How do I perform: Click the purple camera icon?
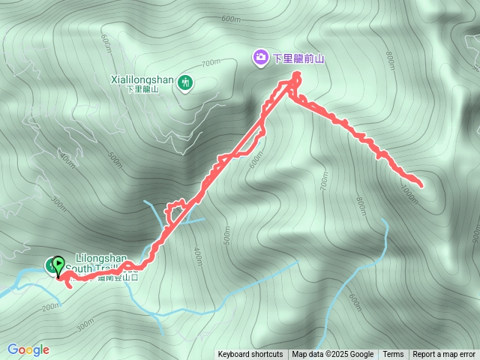coord(260,56)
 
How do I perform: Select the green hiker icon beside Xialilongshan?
coord(185,82)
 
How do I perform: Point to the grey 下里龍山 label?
coord(143,89)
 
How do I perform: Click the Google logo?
coord(28,349)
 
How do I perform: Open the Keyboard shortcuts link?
coord(250,355)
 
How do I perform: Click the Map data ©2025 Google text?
coord(332,355)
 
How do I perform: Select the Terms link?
coord(393,355)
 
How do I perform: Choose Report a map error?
coord(444,355)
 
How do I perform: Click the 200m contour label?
coord(51,306)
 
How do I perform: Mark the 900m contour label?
coord(475,235)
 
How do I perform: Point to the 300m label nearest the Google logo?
coord(85,328)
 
